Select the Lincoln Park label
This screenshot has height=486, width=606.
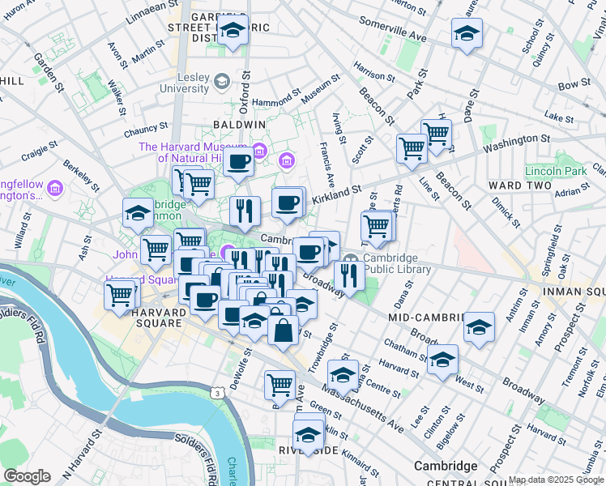click(x=555, y=172)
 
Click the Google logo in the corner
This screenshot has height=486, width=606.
click(x=27, y=476)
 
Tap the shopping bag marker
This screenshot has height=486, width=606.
click(x=283, y=330)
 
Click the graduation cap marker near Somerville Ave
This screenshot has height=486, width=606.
click(x=467, y=34)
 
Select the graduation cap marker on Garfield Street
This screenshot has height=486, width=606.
click(x=233, y=32)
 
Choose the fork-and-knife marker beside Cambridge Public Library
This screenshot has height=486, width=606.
click(x=349, y=275)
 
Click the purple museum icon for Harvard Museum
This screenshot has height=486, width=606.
click(x=259, y=149)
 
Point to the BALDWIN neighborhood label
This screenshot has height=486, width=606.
click(x=239, y=125)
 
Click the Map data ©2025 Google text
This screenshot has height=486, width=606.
click(x=556, y=480)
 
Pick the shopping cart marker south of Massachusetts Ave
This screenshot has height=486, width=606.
click(x=280, y=383)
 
